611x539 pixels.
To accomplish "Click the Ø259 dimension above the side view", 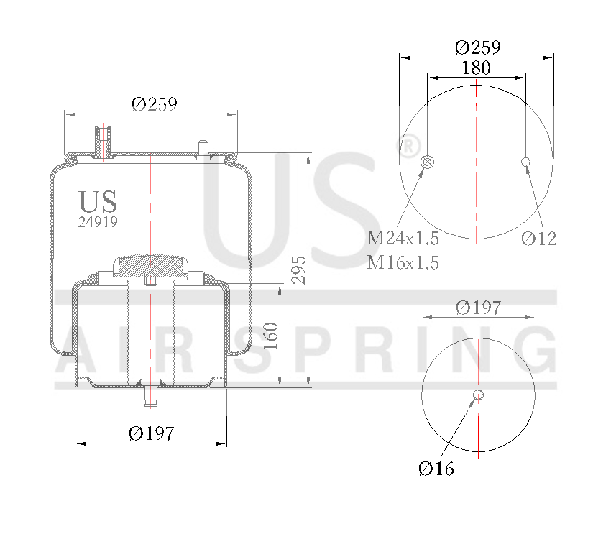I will pos(154,103).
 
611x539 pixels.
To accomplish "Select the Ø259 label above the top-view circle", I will pos(478,47).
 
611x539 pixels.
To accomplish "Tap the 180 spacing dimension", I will pos(476,68).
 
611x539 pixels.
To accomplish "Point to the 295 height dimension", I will pos(299,269).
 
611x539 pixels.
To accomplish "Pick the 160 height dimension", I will pos(270,336).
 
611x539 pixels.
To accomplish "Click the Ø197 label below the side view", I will pos(152,433).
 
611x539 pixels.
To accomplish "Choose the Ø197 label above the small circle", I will pos(478,308).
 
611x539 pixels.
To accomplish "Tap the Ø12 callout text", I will pos(538,239).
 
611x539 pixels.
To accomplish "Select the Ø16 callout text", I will pos(436,469).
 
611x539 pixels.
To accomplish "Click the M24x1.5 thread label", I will pos(403,238).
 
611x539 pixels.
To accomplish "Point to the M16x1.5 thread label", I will pos(403,262).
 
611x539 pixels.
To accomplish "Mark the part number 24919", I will pos(97,222).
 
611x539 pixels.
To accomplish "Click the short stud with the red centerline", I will pos(203,147).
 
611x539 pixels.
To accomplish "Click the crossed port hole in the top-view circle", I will pos(427,162).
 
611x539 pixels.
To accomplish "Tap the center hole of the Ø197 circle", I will pos(478,394).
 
